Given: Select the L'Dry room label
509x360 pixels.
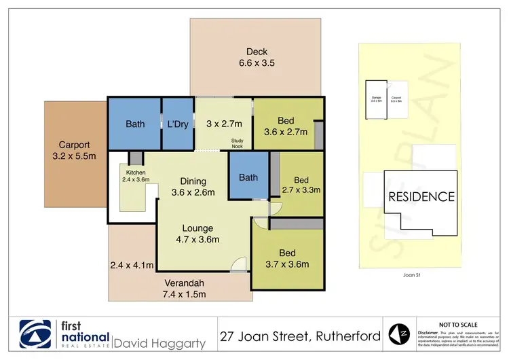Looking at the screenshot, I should coord(178,124).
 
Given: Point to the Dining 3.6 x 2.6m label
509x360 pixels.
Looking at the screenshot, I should coord(193,187).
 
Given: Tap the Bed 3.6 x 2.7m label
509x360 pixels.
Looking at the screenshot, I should coord(285,126).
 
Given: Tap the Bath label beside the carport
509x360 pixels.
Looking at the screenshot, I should coord(135,124).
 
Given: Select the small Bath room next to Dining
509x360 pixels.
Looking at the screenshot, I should coord(248,178).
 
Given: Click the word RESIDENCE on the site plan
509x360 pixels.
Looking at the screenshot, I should coord(421,197).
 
